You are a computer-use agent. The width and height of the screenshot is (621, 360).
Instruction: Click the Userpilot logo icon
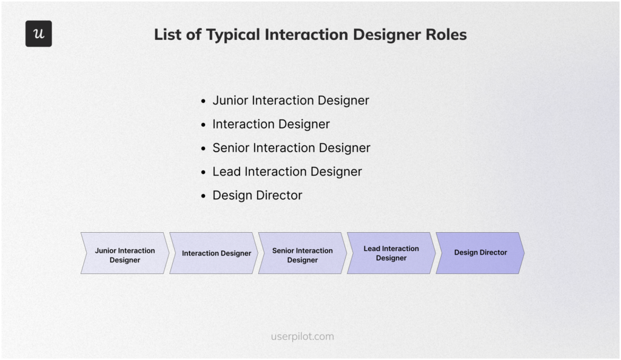(x=38, y=34)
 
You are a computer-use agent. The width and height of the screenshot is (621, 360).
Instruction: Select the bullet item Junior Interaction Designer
(x=290, y=101)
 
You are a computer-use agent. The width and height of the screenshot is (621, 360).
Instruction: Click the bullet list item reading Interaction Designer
(x=270, y=124)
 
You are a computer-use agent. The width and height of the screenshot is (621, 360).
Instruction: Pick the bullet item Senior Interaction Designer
(x=291, y=148)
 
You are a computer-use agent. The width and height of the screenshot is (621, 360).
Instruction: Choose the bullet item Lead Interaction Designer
(x=287, y=172)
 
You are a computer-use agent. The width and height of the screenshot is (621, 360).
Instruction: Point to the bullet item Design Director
(x=257, y=195)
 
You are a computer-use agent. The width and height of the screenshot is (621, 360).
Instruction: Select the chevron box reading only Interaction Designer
(x=216, y=253)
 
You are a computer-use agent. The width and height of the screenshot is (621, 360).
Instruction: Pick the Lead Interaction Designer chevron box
(x=391, y=253)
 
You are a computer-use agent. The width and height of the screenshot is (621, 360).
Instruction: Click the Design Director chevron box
(x=480, y=253)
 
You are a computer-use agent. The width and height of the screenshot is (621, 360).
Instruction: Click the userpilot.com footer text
(x=302, y=336)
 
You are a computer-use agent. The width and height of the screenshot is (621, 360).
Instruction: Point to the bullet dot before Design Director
(x=204, y=196)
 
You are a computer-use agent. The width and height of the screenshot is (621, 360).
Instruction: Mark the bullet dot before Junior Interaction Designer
(x=204, y=101)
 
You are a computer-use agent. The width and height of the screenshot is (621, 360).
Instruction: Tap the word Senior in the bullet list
(x=230, y=148)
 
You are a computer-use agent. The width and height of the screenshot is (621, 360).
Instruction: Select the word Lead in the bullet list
(x=226, y=172)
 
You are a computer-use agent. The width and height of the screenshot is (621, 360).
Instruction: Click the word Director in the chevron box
(x=493, y=253)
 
